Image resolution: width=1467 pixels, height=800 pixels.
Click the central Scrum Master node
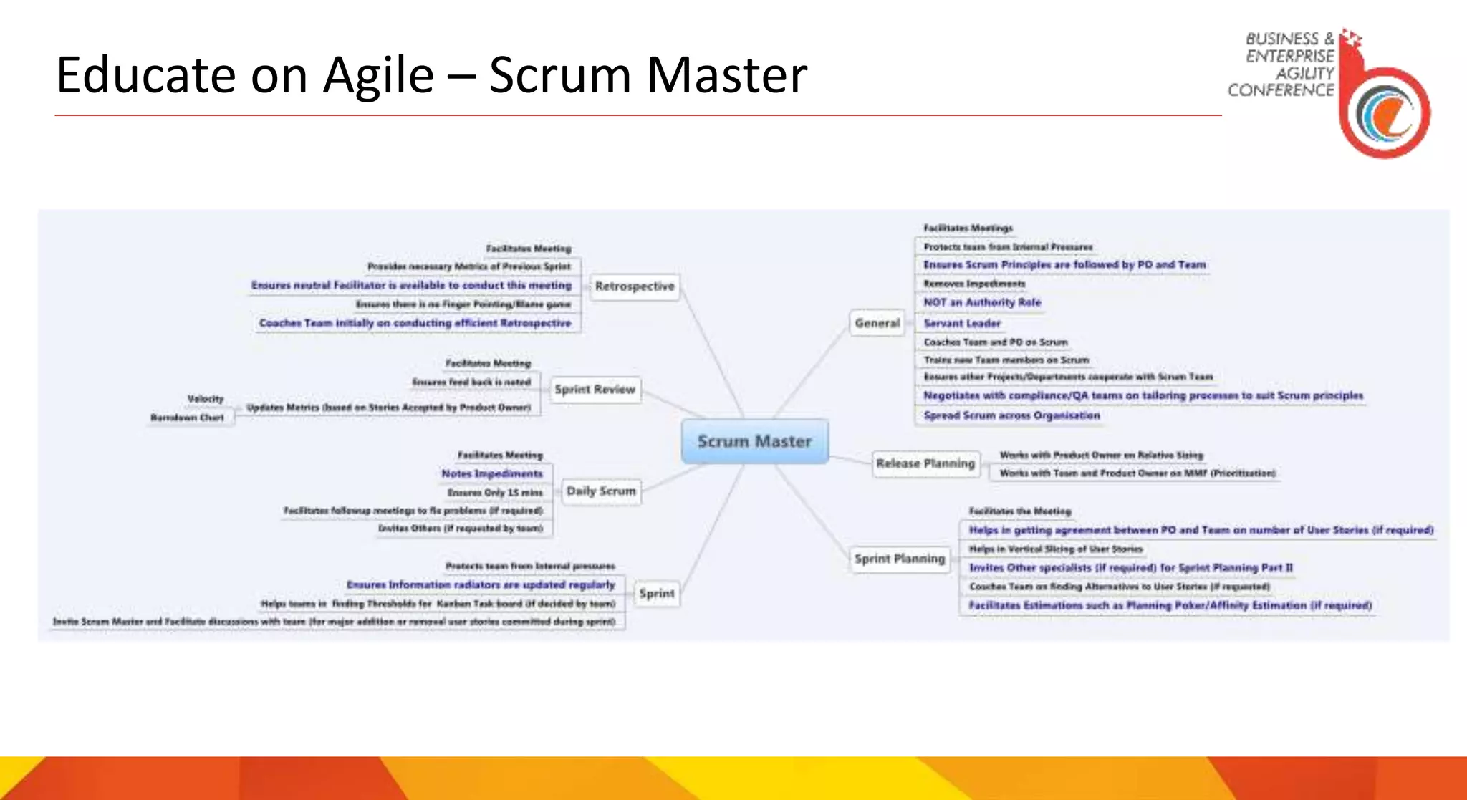754,441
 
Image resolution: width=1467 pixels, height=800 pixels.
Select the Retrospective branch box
635,286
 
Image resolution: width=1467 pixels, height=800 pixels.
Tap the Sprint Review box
595,390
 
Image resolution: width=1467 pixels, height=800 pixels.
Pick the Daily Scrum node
601,491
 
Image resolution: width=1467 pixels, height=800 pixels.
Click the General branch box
877,323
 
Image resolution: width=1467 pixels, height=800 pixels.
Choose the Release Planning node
925,463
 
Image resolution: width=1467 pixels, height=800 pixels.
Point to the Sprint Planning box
900,559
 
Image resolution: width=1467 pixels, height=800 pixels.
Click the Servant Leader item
962,323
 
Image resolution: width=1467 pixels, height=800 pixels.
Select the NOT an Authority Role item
982,302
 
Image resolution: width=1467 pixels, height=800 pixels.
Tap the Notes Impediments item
492,473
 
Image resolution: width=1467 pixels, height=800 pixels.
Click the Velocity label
206,399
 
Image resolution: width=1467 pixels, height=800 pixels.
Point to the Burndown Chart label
187,418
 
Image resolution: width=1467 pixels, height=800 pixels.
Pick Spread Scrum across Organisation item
1011,415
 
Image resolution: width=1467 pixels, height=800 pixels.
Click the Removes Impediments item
974,284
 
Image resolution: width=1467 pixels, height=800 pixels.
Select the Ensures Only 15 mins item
495,493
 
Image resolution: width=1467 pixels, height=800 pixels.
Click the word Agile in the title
378,75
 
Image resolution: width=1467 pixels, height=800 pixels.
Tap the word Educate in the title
145,75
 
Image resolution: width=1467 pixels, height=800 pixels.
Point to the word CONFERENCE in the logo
1281,90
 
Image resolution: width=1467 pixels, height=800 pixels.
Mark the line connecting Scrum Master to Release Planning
850,458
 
